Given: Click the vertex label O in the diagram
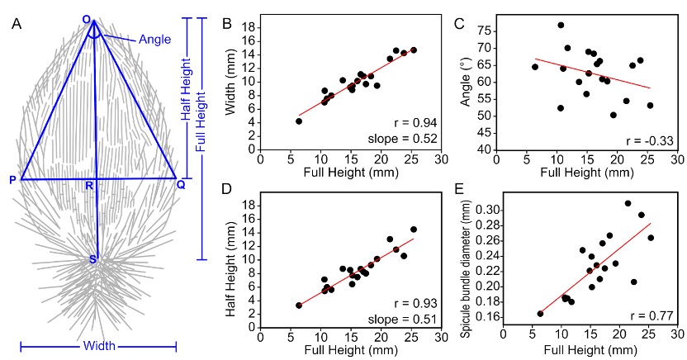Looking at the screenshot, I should click(87, 19).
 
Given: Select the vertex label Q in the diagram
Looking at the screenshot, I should click(180, 183).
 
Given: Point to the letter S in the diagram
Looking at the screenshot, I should click(94, 260).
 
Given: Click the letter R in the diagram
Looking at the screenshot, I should click(89, 186).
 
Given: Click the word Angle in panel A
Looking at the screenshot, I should click(154, 39).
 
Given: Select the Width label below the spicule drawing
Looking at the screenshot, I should click(98, 345).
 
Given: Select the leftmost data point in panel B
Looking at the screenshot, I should click(299, 121).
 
